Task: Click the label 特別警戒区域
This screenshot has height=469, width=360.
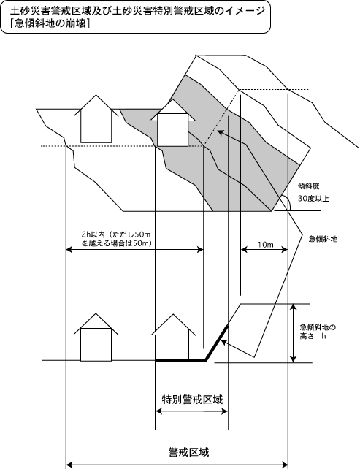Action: [x=192, y=400]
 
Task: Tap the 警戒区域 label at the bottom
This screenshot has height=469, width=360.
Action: [x=188, y=451]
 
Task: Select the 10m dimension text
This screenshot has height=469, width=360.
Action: [x=266, y=245]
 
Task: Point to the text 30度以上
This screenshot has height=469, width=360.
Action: [x=313, y=198]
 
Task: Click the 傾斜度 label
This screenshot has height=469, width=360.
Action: [x=309, y=186]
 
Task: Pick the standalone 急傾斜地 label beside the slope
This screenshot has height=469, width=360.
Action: [x=323, y=239]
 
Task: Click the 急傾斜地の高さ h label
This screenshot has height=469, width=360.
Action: [x=318, y=332]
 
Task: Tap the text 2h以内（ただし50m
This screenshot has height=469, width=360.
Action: [x=116, y=234]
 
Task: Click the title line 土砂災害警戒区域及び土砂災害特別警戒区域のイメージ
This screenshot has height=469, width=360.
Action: [x=137, y=11]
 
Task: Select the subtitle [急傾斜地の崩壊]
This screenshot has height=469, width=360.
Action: [x=50, y=23]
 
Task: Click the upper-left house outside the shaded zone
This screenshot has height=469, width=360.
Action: [x=96, y=119]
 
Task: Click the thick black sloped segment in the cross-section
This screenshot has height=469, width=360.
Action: [x=216, y=343]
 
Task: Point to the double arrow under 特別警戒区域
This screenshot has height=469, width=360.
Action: [x=191, y=411]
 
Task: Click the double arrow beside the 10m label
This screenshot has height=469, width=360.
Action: [x=264, y=249]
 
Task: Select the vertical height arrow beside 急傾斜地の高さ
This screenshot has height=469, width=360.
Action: [x=294, y=333]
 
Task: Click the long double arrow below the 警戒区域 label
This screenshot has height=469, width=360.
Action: [x=177, y=465]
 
